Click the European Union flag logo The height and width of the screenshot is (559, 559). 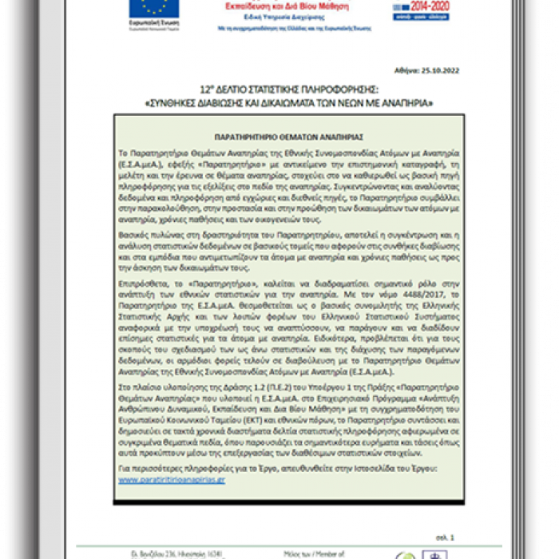click(154, 7)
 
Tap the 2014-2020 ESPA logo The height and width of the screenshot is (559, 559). click(420, 9)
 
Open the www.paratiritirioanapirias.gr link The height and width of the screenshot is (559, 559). click(172, 479)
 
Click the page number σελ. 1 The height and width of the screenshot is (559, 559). click(446, 537)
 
